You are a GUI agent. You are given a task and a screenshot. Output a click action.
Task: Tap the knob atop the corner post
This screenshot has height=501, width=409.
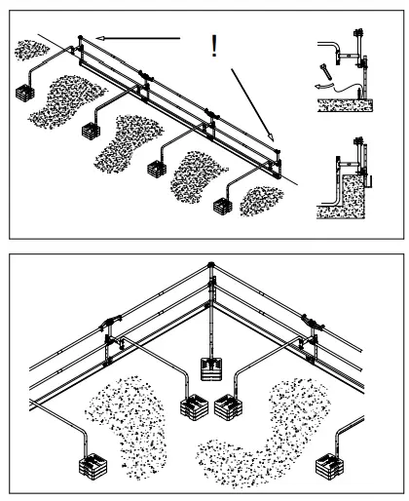210,264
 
